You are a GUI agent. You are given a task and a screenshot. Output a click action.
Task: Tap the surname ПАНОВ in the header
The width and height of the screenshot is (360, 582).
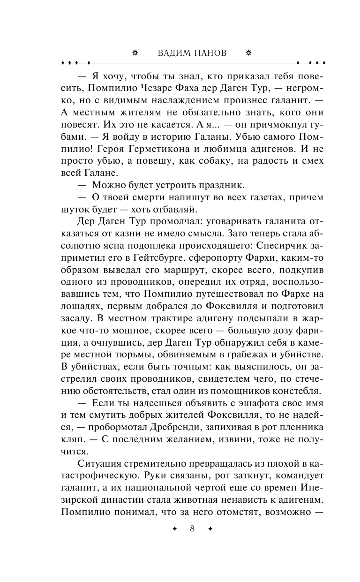210,53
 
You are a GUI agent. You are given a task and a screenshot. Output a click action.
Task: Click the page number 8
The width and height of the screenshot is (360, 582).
192,529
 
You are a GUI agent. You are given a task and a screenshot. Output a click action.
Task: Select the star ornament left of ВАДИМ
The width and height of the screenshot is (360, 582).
135,53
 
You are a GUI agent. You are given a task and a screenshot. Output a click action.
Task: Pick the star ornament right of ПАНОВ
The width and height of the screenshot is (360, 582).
248,53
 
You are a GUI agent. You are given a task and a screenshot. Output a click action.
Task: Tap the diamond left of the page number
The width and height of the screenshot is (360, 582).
175,529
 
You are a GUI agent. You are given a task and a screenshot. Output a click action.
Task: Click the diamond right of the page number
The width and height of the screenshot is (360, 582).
210,529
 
